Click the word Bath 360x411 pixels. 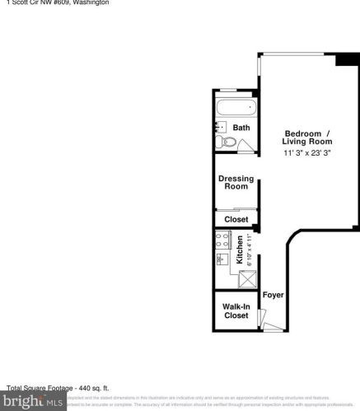[241, 128]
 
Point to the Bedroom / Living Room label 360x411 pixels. [306, 138]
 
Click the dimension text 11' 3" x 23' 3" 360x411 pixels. [306, 153]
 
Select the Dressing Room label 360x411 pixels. [236, 182]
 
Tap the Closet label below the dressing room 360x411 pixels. [236, 219]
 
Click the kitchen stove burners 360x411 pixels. [222, 241]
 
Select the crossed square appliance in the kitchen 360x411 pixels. [247, 279]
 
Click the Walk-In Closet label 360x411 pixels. [236, 311]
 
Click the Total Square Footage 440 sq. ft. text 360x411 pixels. [58, 387]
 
